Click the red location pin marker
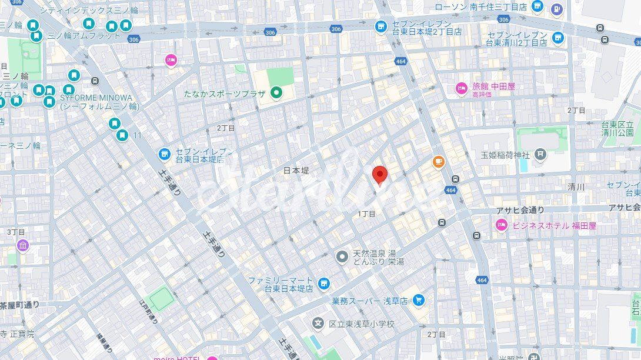pos(380,175)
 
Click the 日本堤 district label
pos(296,171)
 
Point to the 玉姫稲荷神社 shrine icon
pos(540,155)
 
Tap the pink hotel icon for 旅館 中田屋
pos(462,89)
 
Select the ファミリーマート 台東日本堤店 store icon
pos(323,284)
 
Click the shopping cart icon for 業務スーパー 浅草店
pos(418,301)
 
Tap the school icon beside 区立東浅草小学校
pos(318,324)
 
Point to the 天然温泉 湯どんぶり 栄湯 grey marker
pos(342,256)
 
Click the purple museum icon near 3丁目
pos(23,245)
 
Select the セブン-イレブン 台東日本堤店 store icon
pos(165,155)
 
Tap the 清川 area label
pos(576,187)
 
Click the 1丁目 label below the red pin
pos(366,214)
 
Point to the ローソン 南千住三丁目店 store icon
pos(537,6)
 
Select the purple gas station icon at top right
pos(557,9)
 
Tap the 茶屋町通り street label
pos(20,305)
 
